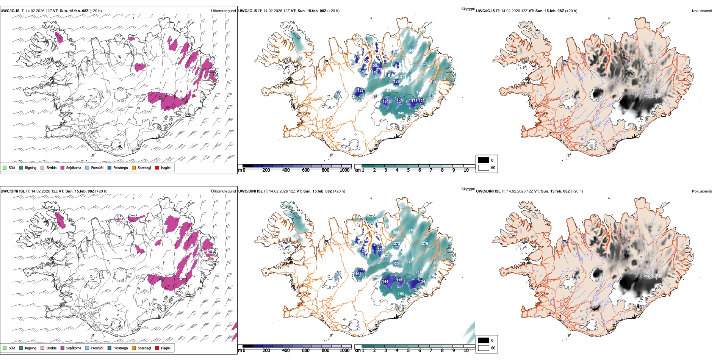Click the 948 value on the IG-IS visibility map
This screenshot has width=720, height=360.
click(x=401, y=113)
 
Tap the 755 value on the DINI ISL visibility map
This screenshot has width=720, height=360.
click(x=401, y=294)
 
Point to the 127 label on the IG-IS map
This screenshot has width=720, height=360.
click(x=361, y=91)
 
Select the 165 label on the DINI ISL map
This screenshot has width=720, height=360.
click(x=358, y=274)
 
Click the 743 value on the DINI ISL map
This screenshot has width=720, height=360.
click(x=412, y=230)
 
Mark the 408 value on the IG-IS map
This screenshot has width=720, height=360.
click(x=412, y=51)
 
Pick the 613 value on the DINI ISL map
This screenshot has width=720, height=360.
click(x=409, y=262)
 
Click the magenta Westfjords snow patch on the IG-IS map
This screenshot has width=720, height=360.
click(x=59, y=37)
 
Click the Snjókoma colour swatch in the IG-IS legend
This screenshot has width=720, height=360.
click(x=63, y=167)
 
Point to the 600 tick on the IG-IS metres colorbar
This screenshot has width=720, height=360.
click(x=306, y=170)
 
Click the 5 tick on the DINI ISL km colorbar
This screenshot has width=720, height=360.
click(x=409, y=351)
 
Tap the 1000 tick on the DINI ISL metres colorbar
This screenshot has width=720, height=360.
click(x=344, y=351)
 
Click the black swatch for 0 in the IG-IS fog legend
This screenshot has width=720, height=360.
click(x=484, y=160)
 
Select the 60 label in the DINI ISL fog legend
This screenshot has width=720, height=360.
click(x=493, y=348)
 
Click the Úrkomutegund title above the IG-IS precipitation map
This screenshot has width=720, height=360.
click(x=223, y=11)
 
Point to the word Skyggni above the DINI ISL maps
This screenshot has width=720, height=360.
click(x=468, y=189)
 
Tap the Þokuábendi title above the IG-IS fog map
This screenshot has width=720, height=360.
click(x=702, y=11)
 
